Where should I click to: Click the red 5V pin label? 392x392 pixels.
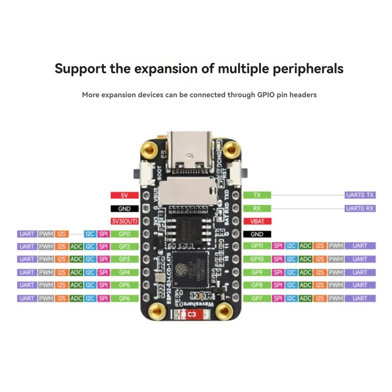tap(124, 195)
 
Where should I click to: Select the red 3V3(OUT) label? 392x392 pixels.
tap(124, 221)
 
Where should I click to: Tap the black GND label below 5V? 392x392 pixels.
tap(124, 208)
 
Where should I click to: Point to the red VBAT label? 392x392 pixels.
tap(257, 221)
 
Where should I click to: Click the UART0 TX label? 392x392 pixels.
tap(360, 195)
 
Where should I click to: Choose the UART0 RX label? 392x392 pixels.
tap(360, 208)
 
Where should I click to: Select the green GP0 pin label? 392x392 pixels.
tap(124, 234)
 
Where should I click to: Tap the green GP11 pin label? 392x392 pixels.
tap(257, 245)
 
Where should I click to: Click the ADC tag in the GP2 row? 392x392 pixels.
tap(76, 246)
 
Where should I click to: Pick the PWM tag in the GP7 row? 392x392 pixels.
tap(335, 298)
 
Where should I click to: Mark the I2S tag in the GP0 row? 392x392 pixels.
tap(62, 234)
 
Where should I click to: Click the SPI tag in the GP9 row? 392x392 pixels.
tap(278, 272)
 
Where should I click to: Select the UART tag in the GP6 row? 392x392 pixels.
tap(27, 298)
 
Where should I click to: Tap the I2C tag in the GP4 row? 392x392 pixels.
tap(90, 272)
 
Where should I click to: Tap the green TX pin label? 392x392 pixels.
tap(257, 195)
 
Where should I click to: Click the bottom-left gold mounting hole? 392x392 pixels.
tap(157, 310)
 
